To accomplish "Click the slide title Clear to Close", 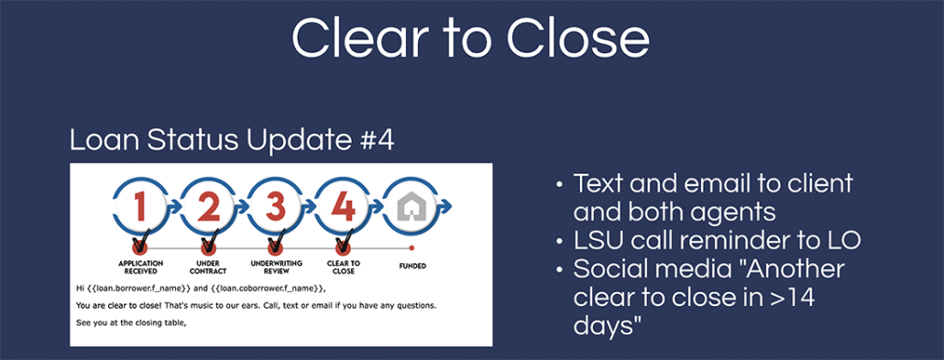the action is click(x=470, y=38).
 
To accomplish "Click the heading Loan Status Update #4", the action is click(x=232, y=139).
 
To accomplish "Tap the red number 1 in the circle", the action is click(x=140, y=206).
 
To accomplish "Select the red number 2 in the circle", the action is click(x=208, y=206).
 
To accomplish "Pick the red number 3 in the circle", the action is click(x=276, y=206).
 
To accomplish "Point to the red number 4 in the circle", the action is click(x=343, y=206).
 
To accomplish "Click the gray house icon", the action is click(x=411, y=206).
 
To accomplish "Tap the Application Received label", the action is click(x=140, y=267).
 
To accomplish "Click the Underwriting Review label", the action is click(x=276, y=267).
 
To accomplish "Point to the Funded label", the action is click(x=412, y=265).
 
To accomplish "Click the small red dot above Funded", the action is click(x=412, y=247).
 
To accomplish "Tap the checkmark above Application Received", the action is click(x=141, y=244).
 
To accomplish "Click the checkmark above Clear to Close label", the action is click(x=345, y=244).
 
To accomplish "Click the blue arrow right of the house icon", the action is click(x=445, y=206).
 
